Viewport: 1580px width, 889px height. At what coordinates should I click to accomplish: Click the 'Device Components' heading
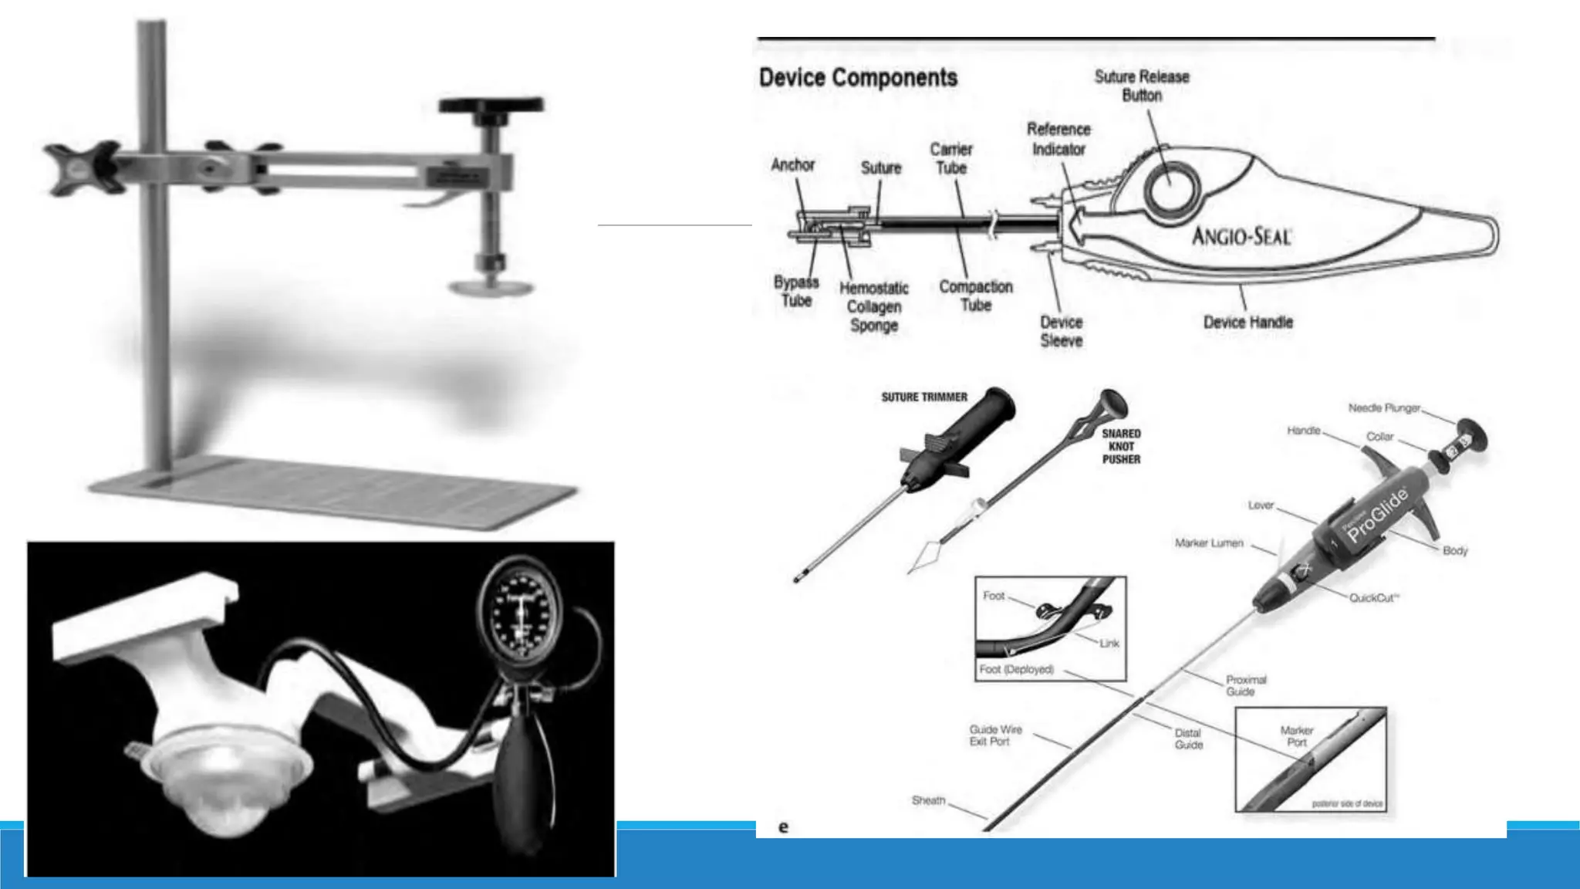tap(858, 78)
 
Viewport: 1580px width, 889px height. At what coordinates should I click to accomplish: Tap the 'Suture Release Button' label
tap(1142, 86)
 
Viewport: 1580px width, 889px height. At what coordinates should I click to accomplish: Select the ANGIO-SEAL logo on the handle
tap(1241, 235)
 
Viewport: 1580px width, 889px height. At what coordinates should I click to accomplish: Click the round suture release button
tap(1170, 188)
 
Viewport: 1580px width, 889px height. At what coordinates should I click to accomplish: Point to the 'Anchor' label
tap(792, 164)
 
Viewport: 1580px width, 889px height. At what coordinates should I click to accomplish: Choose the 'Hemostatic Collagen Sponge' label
tap(873, 306)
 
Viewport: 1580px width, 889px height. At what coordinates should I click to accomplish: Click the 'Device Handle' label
tap(1247, 322)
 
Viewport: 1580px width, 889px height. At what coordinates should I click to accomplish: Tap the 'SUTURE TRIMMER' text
tap(923, 397)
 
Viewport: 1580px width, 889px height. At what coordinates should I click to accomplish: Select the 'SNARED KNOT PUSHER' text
tap(1121, 446)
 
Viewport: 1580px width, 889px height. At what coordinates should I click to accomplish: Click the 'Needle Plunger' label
tap(1384, 407)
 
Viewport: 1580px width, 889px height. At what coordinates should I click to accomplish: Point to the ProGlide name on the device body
tap(1378, 515)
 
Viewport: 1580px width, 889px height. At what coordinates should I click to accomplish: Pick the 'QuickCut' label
tap(1373, 597)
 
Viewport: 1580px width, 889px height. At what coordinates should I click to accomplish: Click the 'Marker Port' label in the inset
tap(1297, 735)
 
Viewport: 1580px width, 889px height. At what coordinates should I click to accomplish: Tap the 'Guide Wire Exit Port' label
tap(995, 735)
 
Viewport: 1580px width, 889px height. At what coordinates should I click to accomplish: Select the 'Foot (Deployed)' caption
tap(1016, 669)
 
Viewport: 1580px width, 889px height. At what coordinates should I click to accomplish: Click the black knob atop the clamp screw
tap(491, 105)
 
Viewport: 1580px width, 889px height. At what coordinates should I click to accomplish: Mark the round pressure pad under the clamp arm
tap(491, 288)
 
